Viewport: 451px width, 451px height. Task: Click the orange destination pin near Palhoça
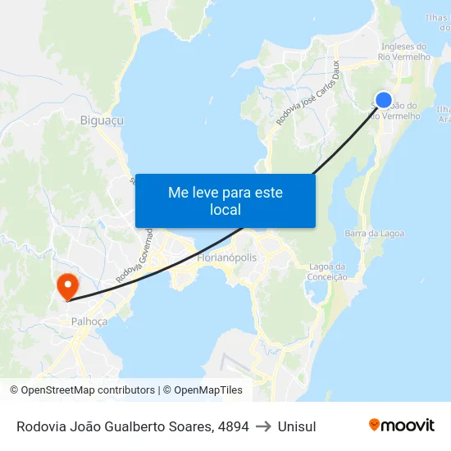point(66,285)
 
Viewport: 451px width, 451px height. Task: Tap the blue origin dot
point(383,100)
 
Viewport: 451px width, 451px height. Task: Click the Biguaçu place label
point(102,121)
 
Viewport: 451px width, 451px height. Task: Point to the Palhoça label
point(89,321)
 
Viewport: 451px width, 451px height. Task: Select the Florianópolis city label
point(227,257)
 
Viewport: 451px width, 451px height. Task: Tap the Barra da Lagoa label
point(374,234)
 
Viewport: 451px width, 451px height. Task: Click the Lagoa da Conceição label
point(327,271)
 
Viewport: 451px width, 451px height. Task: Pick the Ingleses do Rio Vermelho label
point(403,52)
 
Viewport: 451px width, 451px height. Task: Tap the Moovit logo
point(402,425)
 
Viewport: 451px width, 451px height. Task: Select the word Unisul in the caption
point(297,426)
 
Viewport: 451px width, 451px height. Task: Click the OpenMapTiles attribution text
point(205,390)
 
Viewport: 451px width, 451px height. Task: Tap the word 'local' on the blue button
point(225,210)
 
